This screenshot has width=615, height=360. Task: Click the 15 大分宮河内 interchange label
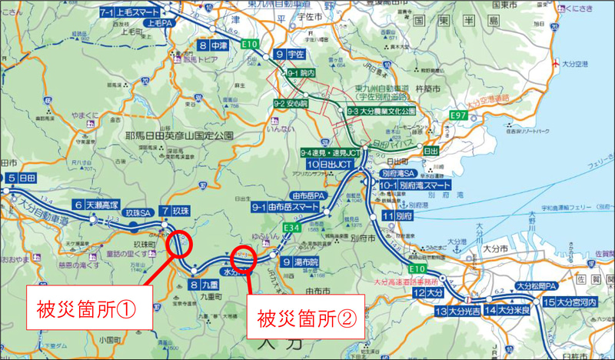click(575, 302)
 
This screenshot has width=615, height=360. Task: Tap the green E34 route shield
click(291, 228)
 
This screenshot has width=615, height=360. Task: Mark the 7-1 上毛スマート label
click(128, 13)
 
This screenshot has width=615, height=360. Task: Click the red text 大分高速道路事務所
click(411, 282)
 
